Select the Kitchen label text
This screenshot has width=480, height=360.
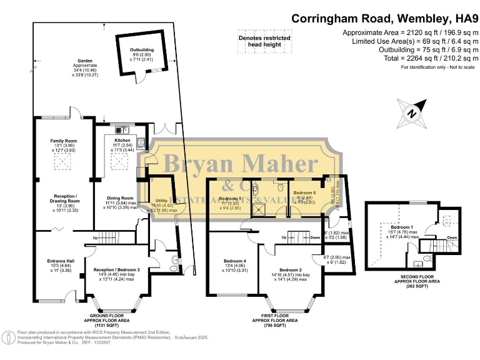pos(122,141)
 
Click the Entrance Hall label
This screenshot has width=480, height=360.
pos(61,261)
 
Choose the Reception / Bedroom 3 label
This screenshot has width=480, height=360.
pos(116,270)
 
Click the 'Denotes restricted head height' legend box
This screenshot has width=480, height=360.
pos(264,41)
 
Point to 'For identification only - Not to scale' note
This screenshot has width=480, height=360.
pos(434,67)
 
